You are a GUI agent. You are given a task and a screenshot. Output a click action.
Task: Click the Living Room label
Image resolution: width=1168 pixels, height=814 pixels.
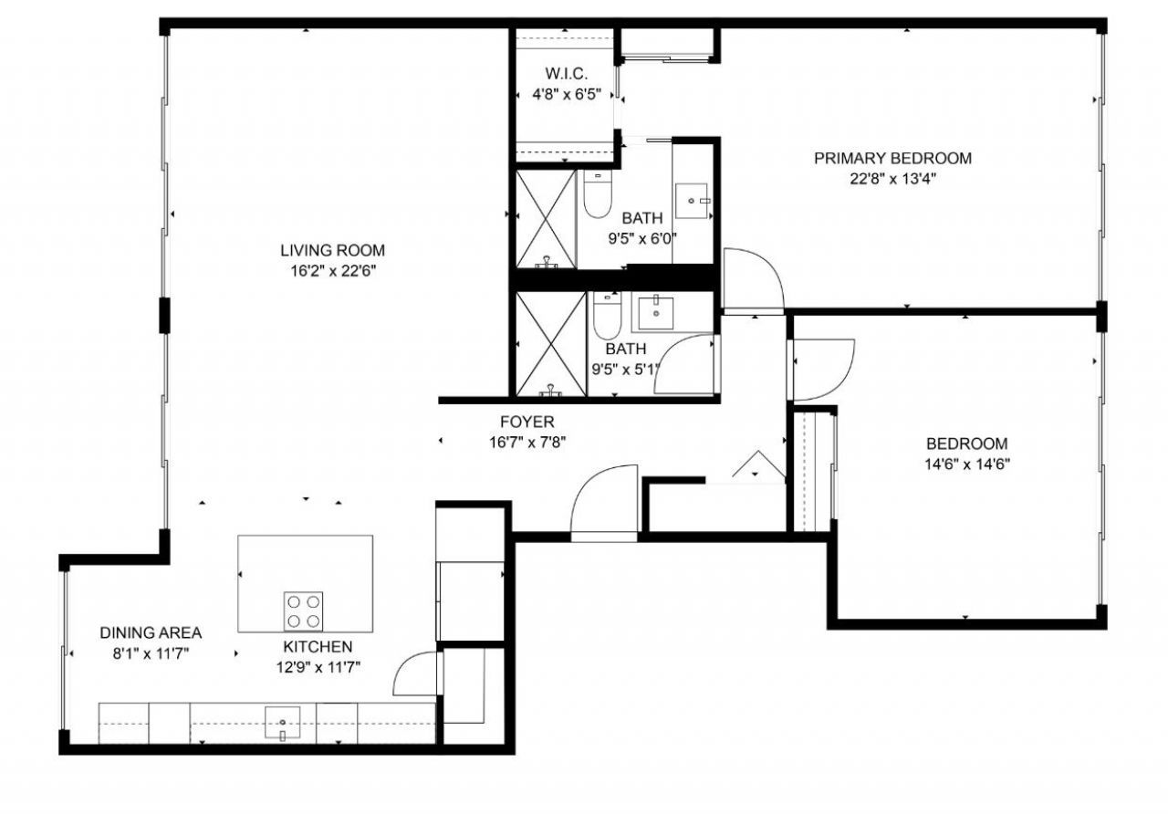[x=332, y=250]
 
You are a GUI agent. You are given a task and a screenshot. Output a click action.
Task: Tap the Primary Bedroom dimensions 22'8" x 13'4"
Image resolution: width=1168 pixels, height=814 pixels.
[x=892, y=179]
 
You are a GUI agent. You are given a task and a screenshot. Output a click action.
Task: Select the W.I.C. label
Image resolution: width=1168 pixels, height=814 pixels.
[x=566, y=73]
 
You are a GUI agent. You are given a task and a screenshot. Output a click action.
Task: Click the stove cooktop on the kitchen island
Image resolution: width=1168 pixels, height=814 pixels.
[x=303, y=610]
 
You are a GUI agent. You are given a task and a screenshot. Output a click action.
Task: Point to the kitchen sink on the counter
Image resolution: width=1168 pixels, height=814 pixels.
[x=282, y=722]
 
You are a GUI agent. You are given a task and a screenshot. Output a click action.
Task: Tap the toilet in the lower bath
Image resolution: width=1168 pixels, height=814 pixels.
[x=606, y=315]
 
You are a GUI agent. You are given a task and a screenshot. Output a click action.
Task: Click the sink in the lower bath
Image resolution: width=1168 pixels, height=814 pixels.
[x=654, y=313]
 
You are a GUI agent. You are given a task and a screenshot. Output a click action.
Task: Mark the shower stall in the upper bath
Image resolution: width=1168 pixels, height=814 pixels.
[x=545, y=219]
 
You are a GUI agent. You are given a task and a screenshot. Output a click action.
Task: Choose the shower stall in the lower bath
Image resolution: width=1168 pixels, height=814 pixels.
[x=549, y=344]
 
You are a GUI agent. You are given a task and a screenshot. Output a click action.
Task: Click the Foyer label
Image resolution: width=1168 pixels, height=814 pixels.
[x=527, y=422]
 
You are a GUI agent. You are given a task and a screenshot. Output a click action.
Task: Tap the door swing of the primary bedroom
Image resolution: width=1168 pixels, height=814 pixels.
[x=752, y=279]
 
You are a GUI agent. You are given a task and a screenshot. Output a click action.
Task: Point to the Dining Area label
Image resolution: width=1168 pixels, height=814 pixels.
[x=151, y=632]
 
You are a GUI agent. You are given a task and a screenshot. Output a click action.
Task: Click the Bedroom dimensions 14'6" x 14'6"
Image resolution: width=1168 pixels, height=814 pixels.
[x=967, y=463]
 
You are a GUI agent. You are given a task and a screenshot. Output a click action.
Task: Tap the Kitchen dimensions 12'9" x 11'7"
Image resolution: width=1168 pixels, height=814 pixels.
[x=316, y=666]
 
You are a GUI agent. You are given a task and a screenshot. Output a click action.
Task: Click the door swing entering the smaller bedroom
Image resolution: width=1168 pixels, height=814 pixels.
[x=822, y=370]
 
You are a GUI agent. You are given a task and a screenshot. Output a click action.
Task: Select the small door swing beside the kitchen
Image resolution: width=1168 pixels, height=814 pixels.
[x=416, y=675]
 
